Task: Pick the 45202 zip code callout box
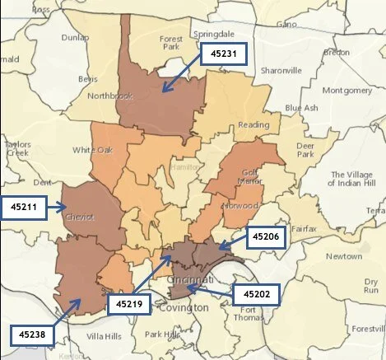[x=258, y=293]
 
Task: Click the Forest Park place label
[x=172, y=43]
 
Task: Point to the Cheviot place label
[x=79, y=217]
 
